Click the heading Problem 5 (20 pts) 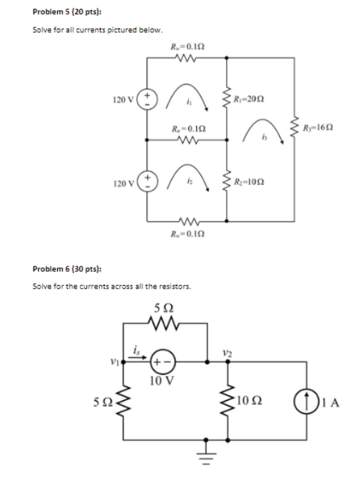point(63,13)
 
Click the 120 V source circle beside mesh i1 point(147,99)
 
